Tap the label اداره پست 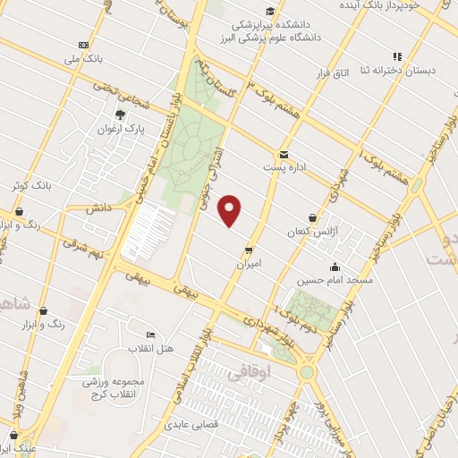(x=284, y=167)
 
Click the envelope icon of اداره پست (x=284, y=154)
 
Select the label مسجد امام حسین (x=335, y=281)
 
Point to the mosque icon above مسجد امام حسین (x=335, y=267)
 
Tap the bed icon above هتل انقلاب (x=150, y=335)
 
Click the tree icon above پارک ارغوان (x=121, y=114)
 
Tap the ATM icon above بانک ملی (x=84, y=45)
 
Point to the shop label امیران (x=249, y=264)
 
